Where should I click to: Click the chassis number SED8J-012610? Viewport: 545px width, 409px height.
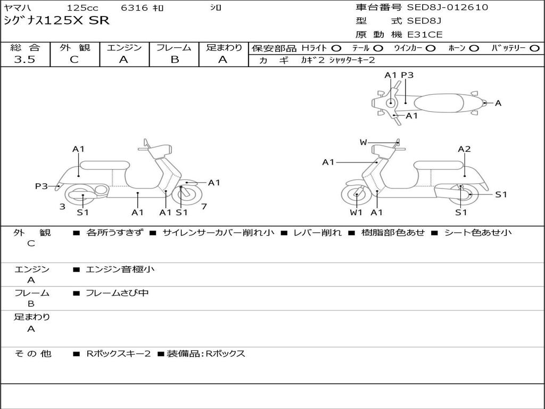pos(447,7)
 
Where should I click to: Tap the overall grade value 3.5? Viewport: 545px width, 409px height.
pos(24,60)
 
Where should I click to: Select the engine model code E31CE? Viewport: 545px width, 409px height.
pos(425,35)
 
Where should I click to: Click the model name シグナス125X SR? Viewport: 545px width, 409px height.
pos(56,21)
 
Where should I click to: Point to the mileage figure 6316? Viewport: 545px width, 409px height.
pos(134,7)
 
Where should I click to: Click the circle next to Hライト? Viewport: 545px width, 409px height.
pos(336,48)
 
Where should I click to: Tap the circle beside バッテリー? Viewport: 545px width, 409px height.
pos(534,48)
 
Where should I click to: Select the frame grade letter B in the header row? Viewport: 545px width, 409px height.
pos(175,60)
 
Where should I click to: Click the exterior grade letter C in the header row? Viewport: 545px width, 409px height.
pos(75,60)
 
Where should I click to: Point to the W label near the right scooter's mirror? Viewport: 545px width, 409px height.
pos(363,142)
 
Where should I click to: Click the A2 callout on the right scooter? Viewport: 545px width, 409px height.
pos(464,149)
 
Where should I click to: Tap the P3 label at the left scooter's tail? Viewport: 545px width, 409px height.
pos(41,186)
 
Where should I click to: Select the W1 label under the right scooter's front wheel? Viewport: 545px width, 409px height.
pos(356,212)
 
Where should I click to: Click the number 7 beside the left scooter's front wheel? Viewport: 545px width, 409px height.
pos(204,207)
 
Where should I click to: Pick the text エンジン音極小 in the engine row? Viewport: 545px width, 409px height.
pos(120,269)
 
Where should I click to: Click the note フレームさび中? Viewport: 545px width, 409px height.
pos(117,293)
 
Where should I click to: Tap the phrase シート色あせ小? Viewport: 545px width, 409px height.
pos(478,232)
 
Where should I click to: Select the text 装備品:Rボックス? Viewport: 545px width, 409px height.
pos(206,354)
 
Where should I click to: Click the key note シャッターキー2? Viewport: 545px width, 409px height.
pos(352,60)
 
